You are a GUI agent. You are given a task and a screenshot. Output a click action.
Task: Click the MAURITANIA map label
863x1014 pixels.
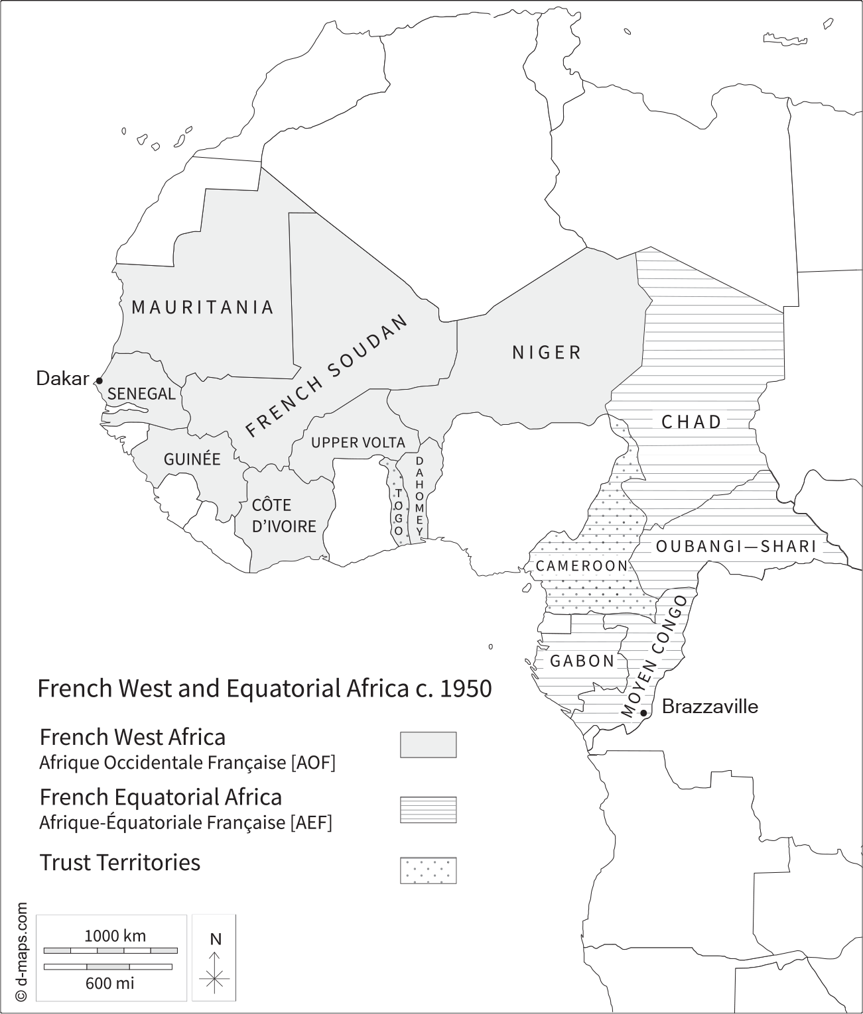coord(202,307)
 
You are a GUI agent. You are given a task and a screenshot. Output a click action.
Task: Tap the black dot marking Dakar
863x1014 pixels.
coord(99,380)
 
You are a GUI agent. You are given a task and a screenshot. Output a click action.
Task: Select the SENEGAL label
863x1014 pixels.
coord(141,394)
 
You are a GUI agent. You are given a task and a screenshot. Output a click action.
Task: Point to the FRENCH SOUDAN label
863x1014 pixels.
coord(326,376)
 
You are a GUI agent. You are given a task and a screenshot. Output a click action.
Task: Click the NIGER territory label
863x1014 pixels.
coord(547,352)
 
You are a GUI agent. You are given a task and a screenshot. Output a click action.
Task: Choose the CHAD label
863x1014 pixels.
coord(692,422)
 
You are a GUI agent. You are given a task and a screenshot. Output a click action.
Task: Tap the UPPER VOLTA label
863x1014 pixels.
coord(358,442)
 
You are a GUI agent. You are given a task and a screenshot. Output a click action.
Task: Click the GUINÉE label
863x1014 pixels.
coord(192,459)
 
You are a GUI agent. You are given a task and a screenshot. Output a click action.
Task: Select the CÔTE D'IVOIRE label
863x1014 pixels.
coord(284,516)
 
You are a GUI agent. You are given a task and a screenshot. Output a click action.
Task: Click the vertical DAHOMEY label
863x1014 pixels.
coord(419,496)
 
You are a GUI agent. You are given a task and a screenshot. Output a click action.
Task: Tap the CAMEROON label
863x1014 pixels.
coord(582,566)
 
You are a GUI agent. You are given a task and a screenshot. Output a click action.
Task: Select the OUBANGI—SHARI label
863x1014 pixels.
coord(736,546)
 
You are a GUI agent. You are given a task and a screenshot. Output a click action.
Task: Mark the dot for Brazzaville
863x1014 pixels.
coord(643,713)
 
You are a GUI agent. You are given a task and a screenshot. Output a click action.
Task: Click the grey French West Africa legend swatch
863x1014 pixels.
coord(428,744)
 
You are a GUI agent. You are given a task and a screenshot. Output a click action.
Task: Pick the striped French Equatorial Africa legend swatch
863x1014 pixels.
coord(428,809)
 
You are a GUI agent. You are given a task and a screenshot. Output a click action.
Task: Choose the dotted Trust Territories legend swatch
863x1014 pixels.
coord(428,870)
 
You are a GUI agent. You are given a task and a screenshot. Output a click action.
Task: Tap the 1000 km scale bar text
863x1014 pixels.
coord(115,936)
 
